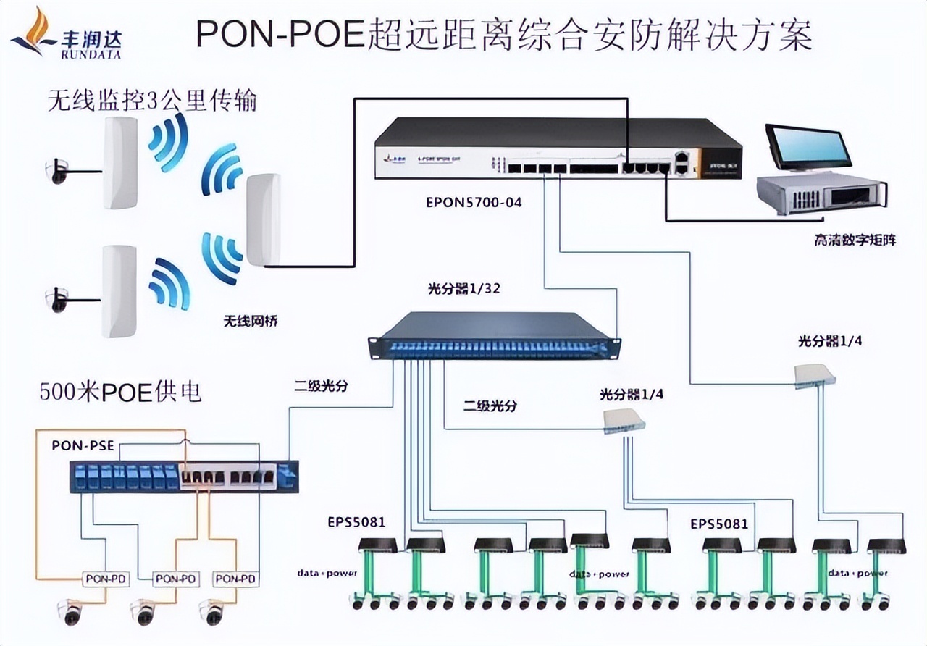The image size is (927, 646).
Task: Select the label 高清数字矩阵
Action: pyautogui.click(x=855, y=240)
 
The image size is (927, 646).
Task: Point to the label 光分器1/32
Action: pyautogui.click(x=464, y=289)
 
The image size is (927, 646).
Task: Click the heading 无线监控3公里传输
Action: pyautogui.click(x=151, y=100)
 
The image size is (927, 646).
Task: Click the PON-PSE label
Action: pyautogui.click(x=83, y=445)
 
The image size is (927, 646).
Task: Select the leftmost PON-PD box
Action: pyautogui.click(x=105, y=579)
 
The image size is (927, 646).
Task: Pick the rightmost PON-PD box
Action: pyautogui.click(x=235, y=579)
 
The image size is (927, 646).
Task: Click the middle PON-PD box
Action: pyautogui.click(x=176, y=579)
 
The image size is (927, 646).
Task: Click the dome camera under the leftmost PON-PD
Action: pyautogui.click(x=72, y=612)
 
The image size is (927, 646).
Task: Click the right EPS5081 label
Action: pyautogui.click(x=718, y=523)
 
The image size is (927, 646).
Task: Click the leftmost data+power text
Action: pyautogui.click(x=327, y=574)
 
